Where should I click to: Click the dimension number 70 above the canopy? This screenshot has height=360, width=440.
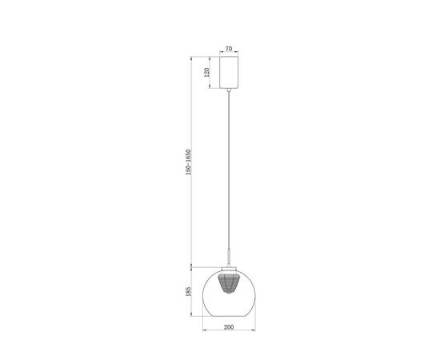(230, 50)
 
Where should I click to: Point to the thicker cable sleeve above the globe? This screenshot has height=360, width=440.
(230, 257)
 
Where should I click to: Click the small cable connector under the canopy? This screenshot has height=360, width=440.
(230, 90)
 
